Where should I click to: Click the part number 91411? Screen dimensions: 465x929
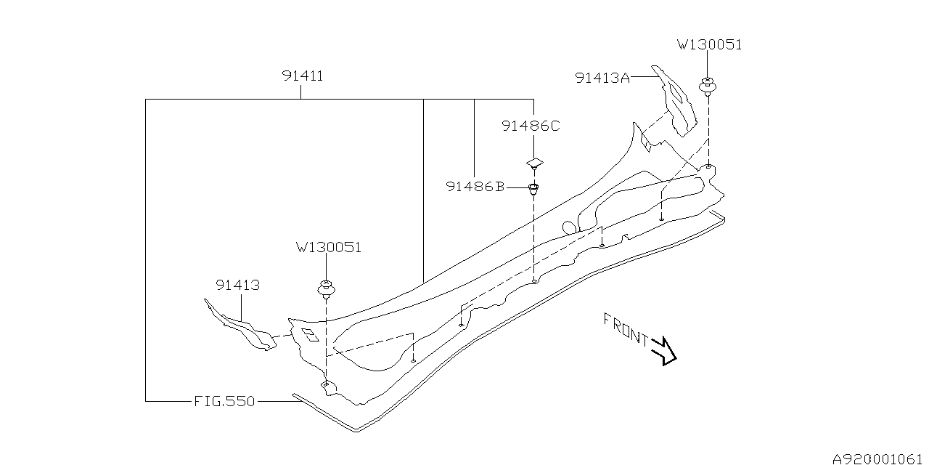[x=303, y=76]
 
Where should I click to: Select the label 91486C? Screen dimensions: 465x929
[x=531, y=126]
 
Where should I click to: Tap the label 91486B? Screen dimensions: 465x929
[x=475, y=187]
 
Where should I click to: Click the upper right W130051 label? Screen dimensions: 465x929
[x=709, y=45]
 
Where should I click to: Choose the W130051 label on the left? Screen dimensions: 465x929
[x=328, y=247]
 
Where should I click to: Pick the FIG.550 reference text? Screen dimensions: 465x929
[x=224, y=400]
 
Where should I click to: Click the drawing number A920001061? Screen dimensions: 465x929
[x=878, y=458]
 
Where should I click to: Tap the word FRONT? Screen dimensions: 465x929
[x=625, y=328]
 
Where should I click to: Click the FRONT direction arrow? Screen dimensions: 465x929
[x=664, y=350]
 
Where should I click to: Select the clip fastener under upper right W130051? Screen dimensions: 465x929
[x=708, y=86]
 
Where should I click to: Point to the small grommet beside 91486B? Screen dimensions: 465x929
[x=534, y=190]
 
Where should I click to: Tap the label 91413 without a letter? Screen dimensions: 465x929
[x=237, y=286]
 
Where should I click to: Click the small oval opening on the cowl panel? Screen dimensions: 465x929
[x=571, y=227]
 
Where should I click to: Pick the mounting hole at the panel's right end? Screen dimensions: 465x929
[x=708, y=167]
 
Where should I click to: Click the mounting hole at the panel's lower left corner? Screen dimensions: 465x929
[x=327, y=383]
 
